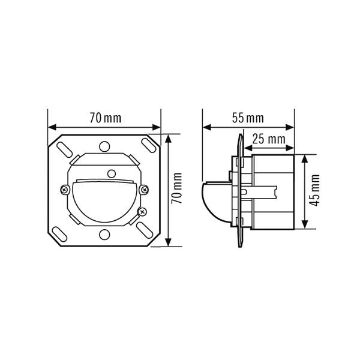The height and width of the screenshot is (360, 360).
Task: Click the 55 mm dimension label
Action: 248,118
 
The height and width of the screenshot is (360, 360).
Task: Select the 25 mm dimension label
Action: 269,139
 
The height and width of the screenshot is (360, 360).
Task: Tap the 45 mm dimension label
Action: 314,190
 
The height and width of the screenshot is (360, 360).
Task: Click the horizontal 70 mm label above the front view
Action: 106,118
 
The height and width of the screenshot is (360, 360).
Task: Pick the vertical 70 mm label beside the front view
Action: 177,188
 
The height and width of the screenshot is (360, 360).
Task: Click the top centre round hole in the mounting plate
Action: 104,146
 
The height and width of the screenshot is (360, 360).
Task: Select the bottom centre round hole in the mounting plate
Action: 104,235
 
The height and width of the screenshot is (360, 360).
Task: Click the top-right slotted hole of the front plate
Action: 149,145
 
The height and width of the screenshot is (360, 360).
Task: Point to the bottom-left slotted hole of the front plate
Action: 59,234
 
